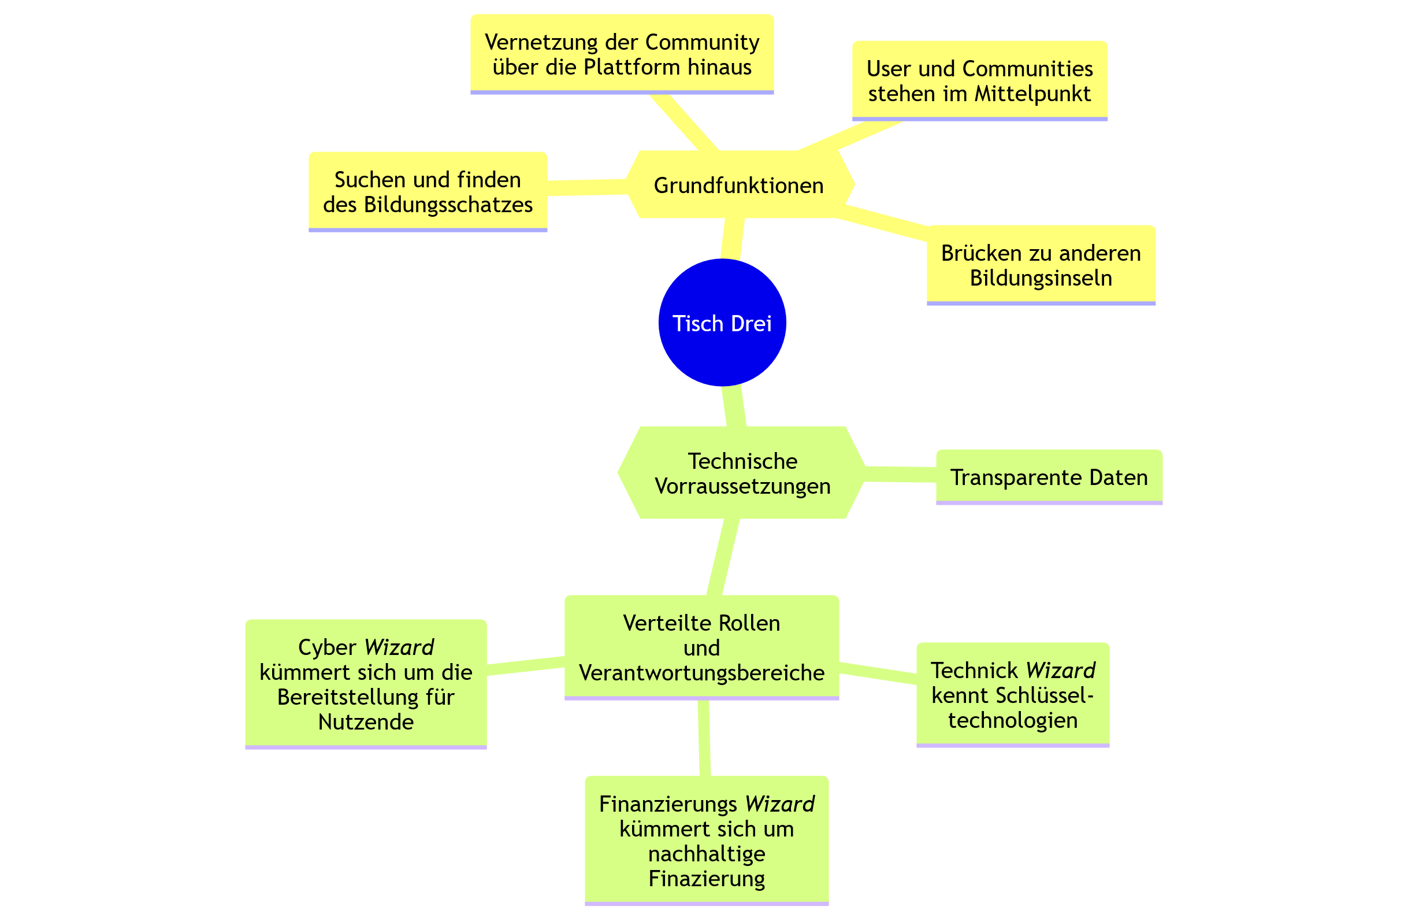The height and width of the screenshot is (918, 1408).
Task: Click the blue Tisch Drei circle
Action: pos(722,323)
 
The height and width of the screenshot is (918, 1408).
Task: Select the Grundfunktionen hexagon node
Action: pos(738,185)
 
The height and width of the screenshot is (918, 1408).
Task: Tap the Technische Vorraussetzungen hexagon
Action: pos(742,473)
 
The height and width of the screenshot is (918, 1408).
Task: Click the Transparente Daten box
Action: pos(1048,477)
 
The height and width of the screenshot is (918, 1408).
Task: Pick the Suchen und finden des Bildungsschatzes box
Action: pos(427,192)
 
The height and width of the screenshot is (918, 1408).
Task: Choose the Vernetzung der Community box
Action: pos(622,54)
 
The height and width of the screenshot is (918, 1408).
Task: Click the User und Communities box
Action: pos(979,81)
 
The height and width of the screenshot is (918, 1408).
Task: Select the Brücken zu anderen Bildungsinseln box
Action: pos(1041,265)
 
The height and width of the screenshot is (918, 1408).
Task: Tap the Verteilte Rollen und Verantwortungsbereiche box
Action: pos(701,648)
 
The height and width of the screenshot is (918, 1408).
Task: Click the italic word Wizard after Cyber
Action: pos(399,647)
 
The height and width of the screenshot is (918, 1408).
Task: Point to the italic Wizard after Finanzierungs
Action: pos(779,804)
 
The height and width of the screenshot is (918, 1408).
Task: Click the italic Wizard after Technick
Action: pos(1061,671)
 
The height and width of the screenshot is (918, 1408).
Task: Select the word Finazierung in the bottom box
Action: pos(707,878)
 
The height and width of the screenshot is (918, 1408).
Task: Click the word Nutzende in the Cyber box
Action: pos(366,721)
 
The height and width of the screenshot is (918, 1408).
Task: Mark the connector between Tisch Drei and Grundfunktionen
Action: pos(732,239)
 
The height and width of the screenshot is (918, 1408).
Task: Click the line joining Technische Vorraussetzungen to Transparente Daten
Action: pos(899,474)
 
